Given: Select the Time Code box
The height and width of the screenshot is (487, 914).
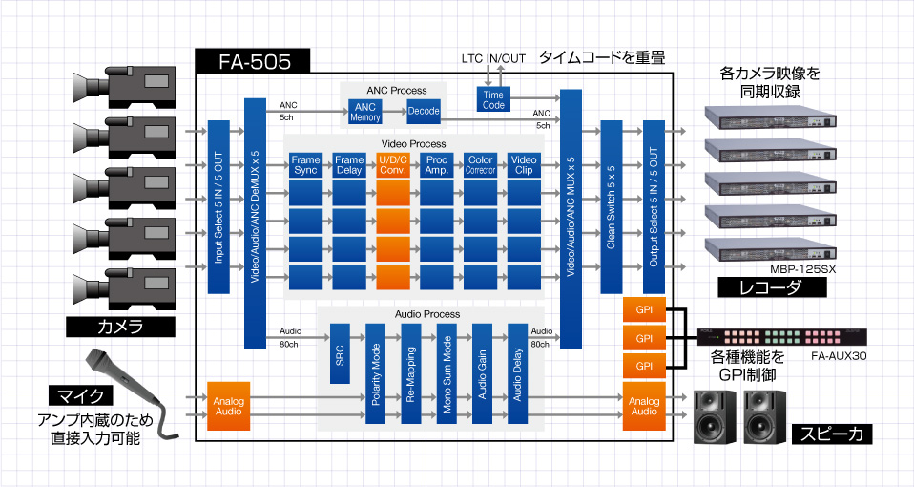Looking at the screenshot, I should tap(493, 99).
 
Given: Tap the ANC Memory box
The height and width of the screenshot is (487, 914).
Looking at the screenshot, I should tap(364, 112).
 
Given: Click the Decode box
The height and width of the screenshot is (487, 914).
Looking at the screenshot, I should tap(423, 112).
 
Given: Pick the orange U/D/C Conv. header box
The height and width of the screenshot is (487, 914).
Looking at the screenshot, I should tap(393, 164).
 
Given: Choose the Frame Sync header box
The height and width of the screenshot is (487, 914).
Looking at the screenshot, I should tap(305, 164).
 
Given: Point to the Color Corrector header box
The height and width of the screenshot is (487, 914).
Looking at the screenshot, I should tap(480, 164).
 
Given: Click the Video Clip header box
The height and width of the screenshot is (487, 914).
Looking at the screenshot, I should tap(524, 164).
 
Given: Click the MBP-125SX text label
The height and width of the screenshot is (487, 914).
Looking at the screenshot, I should tap(802, 270).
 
